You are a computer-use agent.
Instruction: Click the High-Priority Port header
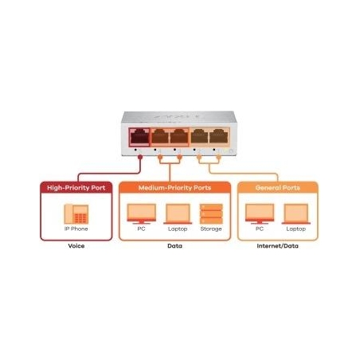[x=76, y=188]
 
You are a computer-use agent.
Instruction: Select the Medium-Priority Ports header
[x=174, y=188]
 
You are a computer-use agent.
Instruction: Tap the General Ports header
[x=278, y=188]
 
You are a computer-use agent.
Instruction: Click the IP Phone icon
[x=76, y=214]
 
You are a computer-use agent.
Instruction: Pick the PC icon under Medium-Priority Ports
[x=141, y=214]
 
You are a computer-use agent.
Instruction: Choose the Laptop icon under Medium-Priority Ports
[x=178, y=214]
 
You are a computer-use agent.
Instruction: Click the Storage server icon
[x=211, y=214]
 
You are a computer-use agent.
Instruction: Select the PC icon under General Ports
[x=260, y=214]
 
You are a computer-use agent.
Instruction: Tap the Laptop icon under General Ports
[x=296, y=214]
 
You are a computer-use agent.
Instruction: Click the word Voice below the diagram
[x=76, y=246]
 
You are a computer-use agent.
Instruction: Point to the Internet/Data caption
[x=278, y=246]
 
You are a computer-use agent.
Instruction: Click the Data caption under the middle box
[x=174, y=246]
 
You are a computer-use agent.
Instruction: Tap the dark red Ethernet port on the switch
[x=139, y=137]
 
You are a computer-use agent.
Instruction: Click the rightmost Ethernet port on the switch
[x=219, y=136]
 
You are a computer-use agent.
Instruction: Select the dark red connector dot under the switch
[x=140, y=157]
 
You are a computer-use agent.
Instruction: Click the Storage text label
[x=211, y=229]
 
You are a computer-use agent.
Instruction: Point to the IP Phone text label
[x=76, y=229]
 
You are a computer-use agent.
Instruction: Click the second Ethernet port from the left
[x=160, y=137]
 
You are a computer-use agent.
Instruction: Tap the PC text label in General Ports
[x=260, y=229]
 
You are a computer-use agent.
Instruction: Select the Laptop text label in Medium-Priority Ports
[x=178, y=229]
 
